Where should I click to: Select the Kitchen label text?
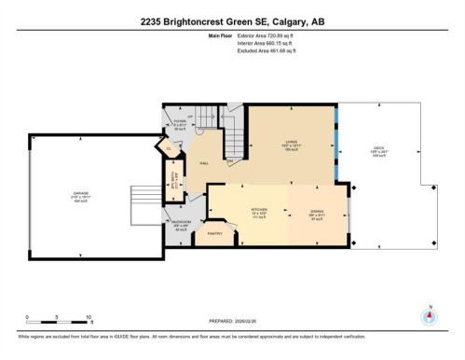(259, 211)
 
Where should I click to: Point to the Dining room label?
(317, 211)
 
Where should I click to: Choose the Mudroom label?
(181, 223)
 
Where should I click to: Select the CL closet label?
(169, 147)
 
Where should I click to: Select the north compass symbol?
(429, 315)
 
